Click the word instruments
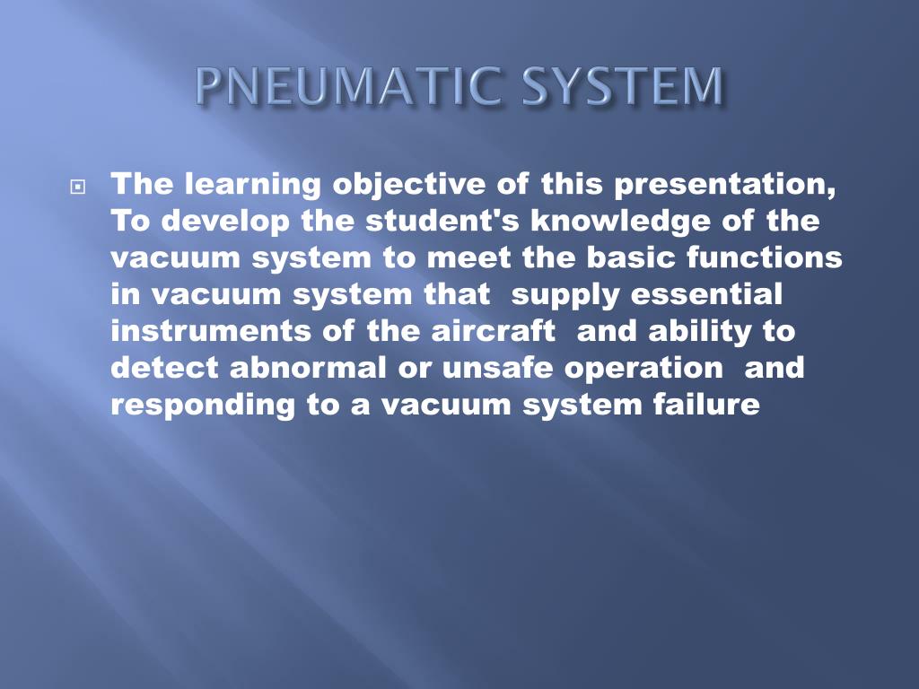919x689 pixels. pyautogui.click(x=210, y=332)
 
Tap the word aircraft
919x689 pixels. pyautogui.click(x=494, y=332)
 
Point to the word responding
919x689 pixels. pyautogui.click(x=203, y=406)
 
